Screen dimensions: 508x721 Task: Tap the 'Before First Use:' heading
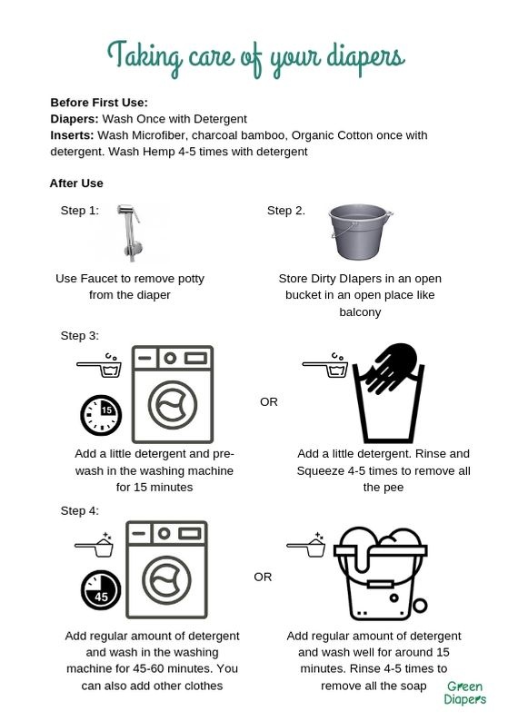click(x=99, y=103)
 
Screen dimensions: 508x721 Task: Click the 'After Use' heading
click(x=76, y=183)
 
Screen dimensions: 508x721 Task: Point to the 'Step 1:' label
click(x=80, y=211)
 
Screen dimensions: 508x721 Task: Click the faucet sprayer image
click(x=130, y=233)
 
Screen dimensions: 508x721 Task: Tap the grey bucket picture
click(x=360, y=232)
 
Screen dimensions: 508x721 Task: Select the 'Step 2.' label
click(x=286, y=211)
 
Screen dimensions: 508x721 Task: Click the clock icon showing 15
click(x=101, y=415)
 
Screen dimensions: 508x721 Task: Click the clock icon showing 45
click(x=101, y=590)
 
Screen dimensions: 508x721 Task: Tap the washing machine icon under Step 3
click(x=173, y=394)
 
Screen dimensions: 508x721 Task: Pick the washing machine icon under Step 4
click(x=166, y=569)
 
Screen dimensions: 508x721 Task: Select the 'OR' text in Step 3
click(x=269, y=402)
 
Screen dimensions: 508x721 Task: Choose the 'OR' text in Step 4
click(x=263, y=578)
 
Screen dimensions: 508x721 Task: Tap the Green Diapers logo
click(x=464, y=693)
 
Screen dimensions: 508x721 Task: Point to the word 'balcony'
click(x=360, y=312)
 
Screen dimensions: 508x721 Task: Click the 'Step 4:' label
click(x=80, y=511)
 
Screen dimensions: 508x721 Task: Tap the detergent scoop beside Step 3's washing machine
click(x=100, y=366)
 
